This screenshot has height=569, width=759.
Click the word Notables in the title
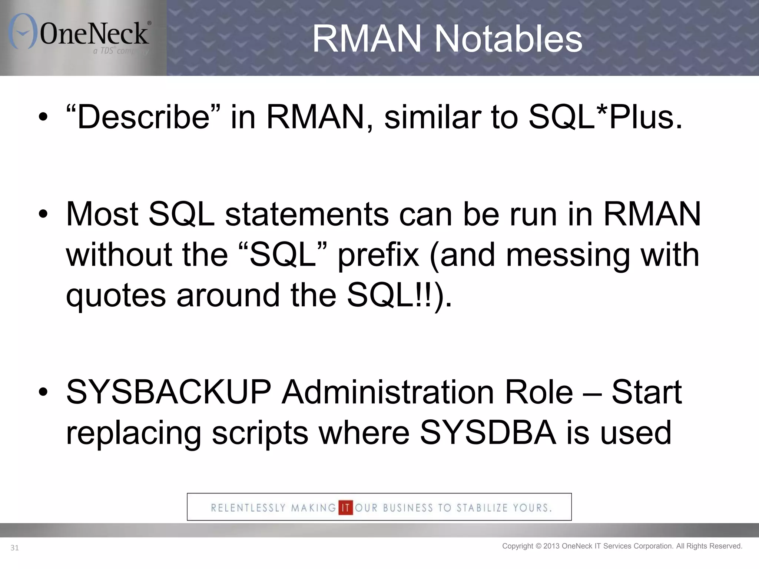(x=508, y=39)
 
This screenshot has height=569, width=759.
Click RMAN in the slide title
(x=367, y=39)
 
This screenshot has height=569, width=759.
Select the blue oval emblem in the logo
(x=23, y=31)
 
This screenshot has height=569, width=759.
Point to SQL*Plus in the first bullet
(x=605, y=117)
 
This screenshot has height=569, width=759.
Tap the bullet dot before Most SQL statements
(x=43, y=214)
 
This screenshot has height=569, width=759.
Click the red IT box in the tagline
(x=345, y=508)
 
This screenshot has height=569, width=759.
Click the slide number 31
(x=14, y=548)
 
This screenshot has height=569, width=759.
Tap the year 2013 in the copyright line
(x=551, y=546)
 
